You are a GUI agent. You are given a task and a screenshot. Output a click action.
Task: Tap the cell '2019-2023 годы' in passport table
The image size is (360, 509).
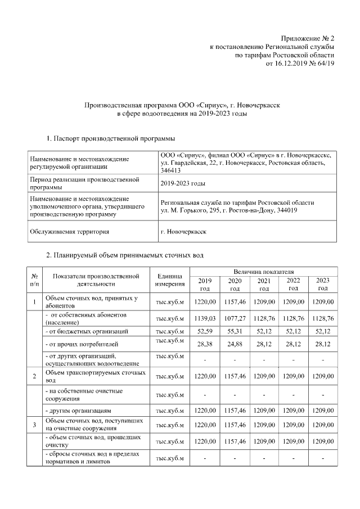183,183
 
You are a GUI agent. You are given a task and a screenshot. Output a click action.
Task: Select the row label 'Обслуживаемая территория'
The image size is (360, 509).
70,231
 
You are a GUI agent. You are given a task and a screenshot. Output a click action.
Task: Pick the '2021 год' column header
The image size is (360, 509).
264,285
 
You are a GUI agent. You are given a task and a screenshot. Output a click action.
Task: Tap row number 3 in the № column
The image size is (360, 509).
35,425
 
